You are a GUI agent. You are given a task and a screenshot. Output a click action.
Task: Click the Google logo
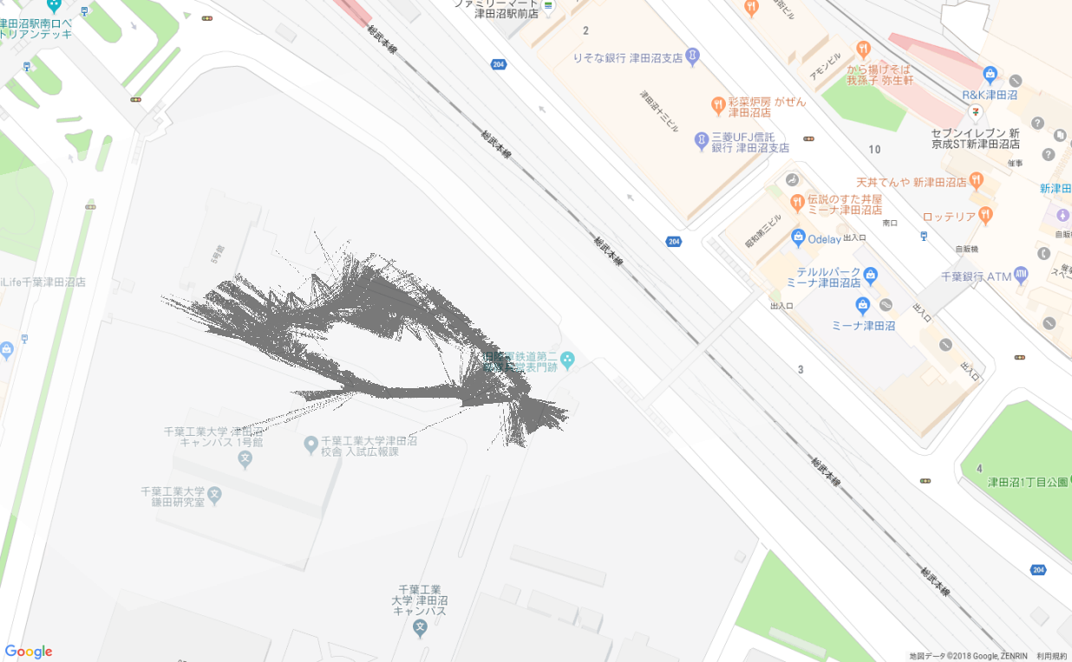click(x=29, y=652)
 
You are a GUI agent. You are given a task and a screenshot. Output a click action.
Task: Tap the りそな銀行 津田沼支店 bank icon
click(x=692, y=57)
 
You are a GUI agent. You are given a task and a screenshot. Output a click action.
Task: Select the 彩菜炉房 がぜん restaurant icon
click(x=717, y=106)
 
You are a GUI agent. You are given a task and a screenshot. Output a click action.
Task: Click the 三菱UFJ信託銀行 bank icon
click(x=702, y=140)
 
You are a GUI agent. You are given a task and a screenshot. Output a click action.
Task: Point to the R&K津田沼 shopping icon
click(x=990, y=75)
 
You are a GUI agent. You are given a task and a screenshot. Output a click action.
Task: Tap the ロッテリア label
click(x=949, y=216)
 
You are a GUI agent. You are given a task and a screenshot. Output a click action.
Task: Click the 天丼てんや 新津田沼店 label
click(x=911, y=183)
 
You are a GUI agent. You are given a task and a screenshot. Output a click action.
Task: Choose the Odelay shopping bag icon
click(x=798, y=237)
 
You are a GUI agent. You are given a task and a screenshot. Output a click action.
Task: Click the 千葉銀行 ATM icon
click(x=1020, y=276)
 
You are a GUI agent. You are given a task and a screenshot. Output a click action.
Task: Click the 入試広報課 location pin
click(x=310, y=445)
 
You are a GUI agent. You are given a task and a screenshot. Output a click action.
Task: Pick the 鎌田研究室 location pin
click(x=214, y=497)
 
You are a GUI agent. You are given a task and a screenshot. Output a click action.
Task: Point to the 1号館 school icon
click(x=245, y=458)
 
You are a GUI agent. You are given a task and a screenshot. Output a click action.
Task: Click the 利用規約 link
click(x=1051, y=656)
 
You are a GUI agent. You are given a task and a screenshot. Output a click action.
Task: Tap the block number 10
click(x=874, y=149)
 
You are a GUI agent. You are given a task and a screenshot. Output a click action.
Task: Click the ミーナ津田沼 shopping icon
click(x=862, y=305)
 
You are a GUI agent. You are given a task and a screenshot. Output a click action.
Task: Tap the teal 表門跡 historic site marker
click(x=567, y=358)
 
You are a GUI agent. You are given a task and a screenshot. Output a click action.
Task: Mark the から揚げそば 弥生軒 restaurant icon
click(x=862, y=49)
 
